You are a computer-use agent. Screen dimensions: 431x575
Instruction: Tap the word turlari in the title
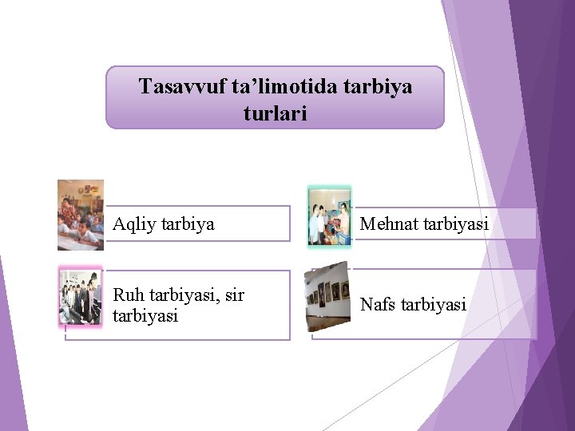(275, 114)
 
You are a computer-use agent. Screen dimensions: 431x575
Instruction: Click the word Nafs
(378, 304)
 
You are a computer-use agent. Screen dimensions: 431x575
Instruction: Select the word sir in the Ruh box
(234, 295)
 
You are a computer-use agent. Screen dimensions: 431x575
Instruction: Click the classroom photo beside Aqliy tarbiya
(81, 215)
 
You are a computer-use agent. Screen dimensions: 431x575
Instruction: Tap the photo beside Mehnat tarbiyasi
(330, 215)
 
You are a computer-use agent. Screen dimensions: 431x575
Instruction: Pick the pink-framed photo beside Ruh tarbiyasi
(81, 297)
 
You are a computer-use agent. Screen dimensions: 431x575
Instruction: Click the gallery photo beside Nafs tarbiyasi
(327, 297)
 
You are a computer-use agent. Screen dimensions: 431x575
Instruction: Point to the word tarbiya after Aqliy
(188, 224)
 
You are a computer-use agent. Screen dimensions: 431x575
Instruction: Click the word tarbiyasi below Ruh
(145, 316)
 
